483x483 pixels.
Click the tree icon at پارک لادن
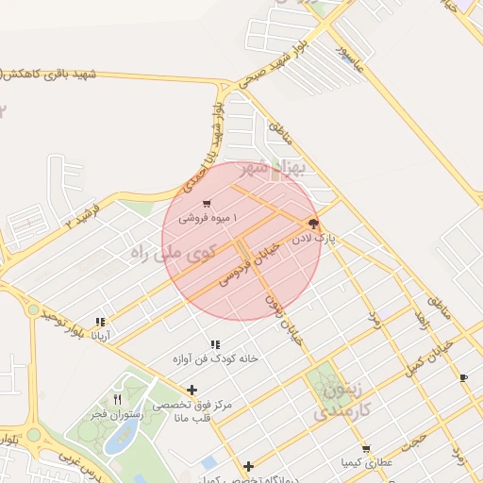312,225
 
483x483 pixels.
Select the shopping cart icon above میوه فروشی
207,204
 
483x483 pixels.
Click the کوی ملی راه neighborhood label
175,253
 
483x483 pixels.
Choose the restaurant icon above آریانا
101,322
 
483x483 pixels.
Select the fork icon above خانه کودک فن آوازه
215,345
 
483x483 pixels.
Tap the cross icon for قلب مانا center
192,390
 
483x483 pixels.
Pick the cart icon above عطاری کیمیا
366,448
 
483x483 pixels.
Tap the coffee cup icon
462,377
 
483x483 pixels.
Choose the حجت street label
414,440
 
